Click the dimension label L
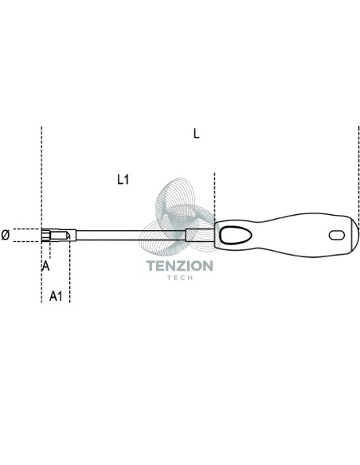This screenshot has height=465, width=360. (x=196, y=134)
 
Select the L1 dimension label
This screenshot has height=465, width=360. (x=123, y=179)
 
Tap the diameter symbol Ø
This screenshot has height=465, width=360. (x=6, y=235)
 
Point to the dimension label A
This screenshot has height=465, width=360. (x=45, y=266)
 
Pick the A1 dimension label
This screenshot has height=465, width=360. (x=56, y=296)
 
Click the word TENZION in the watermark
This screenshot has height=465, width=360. (x=180, y=266)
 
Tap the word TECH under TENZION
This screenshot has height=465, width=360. (x=180, y=278)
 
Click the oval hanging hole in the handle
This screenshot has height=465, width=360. (x=337, y=236)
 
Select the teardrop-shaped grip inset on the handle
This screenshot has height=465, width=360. (x=236, y=236)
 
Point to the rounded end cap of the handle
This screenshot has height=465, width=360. (x=354, y=236)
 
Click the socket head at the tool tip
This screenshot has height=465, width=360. (x=59, y=236)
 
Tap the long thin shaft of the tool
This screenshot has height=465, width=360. (x=131, y=236)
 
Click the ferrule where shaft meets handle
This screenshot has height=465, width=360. (x=200, y=235)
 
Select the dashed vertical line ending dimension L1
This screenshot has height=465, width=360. (x=214, y=197)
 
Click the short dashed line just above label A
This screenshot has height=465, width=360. (x=50, y=251)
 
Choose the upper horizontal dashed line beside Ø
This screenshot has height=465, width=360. (x=26, y=229)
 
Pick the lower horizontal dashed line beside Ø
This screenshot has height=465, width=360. (x=26, y=242)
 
